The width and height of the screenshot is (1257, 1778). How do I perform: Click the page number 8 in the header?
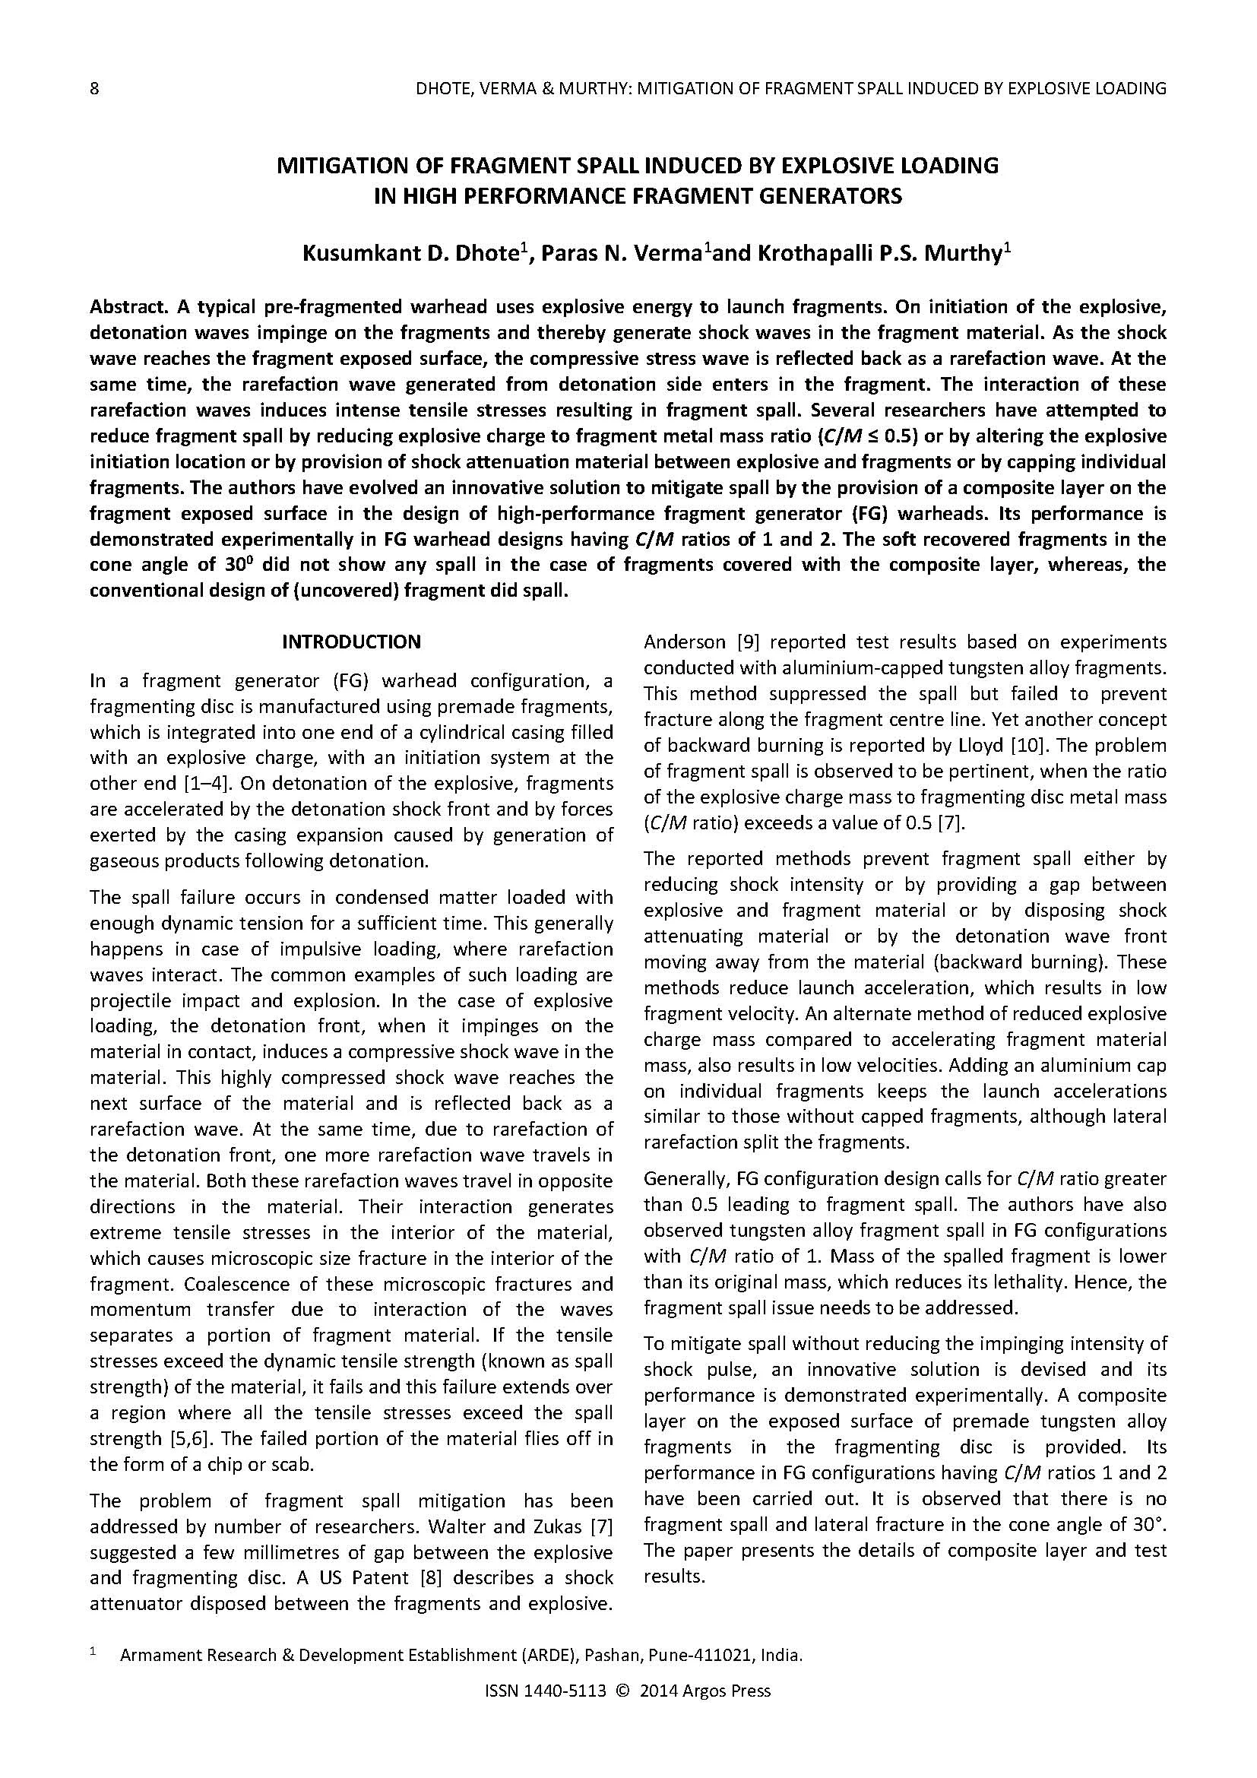tap(94, 88)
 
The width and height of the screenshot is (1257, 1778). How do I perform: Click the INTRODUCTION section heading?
tap(351, 642)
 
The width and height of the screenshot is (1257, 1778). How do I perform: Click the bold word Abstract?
tap(128, 307)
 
